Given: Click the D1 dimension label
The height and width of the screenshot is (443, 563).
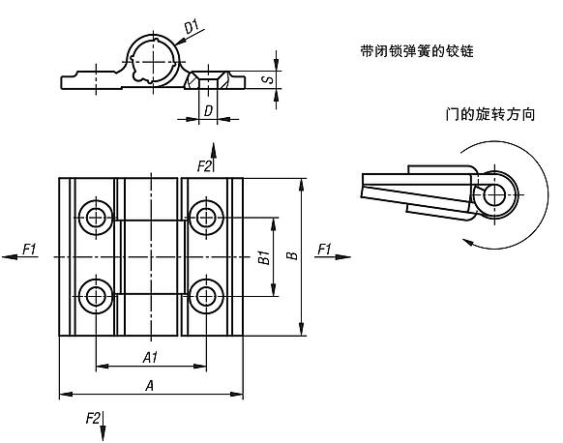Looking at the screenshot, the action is (x=192, y=27).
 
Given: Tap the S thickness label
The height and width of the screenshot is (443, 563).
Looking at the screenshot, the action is (x=269, y=79).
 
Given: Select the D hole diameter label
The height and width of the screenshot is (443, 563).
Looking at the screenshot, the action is (x=208, y=110).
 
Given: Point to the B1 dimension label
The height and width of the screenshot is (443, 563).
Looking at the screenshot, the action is (x=264, y=257).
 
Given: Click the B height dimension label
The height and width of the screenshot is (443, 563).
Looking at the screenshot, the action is (x=292, y=255).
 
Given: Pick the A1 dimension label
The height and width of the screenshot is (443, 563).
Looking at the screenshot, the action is (x=150, y=358).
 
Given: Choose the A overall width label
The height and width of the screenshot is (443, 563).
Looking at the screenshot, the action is (x=149, y=386).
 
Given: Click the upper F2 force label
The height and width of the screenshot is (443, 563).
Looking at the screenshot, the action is (x=204, y=166).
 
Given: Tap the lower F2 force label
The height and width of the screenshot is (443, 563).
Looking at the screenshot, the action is (x=93, y=418).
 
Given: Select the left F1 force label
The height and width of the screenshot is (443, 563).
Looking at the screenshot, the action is (x=29, y=249).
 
